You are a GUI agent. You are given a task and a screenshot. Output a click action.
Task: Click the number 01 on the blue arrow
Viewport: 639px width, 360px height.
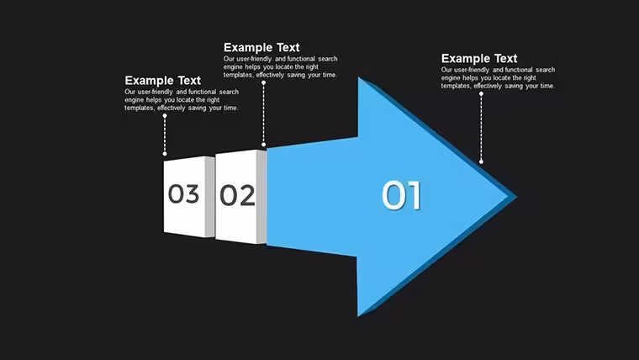point(401,196)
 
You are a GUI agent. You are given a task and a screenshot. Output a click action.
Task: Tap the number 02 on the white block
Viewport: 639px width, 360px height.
point(238,195)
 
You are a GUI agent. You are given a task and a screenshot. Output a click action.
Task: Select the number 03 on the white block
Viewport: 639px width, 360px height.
point(184,193)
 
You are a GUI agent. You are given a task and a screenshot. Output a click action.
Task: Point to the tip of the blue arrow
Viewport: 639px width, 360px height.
point(516,197)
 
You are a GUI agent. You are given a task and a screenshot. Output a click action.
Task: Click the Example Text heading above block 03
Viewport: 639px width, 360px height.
point(162,80)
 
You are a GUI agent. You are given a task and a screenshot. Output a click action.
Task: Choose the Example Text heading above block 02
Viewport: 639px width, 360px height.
point(261,47)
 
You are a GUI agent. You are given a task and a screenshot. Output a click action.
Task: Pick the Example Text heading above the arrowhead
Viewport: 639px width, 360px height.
point(479,58)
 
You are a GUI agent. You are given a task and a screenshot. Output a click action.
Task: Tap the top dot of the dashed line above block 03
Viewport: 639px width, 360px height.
point(165,116)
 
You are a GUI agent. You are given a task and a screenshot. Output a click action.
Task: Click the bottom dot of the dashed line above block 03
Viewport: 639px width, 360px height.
point(165,154)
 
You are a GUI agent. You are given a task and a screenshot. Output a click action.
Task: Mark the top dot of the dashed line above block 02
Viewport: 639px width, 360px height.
point(264,82)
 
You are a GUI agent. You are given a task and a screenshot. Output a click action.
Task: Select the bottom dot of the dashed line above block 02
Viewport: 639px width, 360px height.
point(264,145)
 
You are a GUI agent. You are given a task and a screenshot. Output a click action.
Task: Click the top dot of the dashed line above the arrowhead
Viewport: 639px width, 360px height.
point(481,93)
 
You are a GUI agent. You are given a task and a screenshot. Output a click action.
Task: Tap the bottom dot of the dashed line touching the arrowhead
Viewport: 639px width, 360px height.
point(481,161)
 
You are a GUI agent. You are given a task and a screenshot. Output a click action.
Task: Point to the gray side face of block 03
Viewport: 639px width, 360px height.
point(209,197)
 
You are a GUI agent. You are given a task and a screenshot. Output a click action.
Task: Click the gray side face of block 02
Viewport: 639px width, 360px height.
point(261,197)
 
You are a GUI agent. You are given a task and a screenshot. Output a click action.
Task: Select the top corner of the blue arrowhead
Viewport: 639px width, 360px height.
point(359,77)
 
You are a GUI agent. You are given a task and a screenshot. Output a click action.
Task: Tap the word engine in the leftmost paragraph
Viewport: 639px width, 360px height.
point(134,100)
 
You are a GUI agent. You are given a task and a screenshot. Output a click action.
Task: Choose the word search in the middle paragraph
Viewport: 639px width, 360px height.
point(328,59)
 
